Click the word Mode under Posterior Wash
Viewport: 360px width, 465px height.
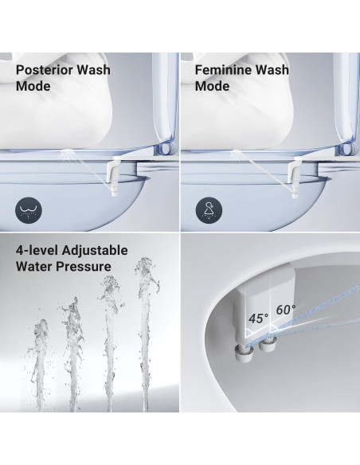click(33, 85)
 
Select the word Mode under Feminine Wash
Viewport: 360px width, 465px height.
click(211, 85)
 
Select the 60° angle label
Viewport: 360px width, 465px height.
click(286, 308)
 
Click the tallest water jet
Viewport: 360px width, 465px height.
click(146, 334)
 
